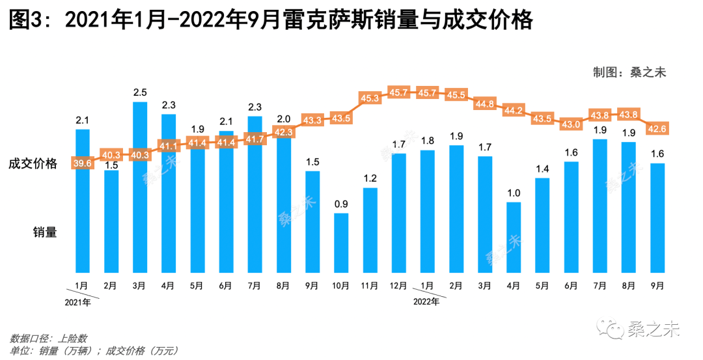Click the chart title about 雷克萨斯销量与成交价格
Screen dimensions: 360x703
(x=271, y=22)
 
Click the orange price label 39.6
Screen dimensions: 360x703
(x=82, y=163)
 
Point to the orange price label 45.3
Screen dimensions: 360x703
(x=369, y=98)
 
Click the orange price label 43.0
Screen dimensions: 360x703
(x=571, y=124)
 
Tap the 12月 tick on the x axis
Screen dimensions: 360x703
(x=398, y=285)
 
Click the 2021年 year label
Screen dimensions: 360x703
(x=78, y=302)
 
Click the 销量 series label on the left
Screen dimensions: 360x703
(x=46, y=231)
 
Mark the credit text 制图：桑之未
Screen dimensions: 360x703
(x=629, y=72)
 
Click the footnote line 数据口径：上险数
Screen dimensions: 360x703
(x=48, y=339)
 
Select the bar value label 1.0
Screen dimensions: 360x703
(x=514, y=193)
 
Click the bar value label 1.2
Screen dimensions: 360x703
(x=370, y=178)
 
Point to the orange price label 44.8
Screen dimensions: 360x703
(x=484, y=104)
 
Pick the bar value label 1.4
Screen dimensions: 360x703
(x=542, y=169)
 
